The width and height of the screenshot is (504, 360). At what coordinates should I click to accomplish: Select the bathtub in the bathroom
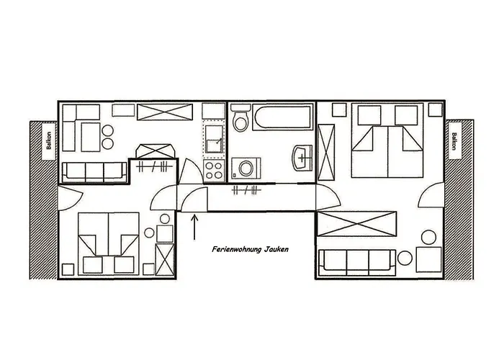(283, 117)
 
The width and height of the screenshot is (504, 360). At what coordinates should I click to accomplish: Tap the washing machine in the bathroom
(246, 168)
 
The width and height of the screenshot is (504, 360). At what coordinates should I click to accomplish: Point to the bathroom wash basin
(302, 158)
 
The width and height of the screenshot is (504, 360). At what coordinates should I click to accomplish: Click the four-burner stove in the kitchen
(214, 171)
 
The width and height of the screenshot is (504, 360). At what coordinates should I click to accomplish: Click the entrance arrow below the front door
(194, 228)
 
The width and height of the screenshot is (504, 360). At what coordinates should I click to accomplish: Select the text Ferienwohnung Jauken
(250, 249)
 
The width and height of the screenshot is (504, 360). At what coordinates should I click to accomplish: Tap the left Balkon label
(49, 141)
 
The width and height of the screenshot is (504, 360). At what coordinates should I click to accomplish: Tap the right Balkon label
(454, 141)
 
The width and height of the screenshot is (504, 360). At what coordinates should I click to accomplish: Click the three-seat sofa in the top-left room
(94, 172)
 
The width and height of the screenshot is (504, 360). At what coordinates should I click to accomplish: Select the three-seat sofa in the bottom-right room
(357, 262)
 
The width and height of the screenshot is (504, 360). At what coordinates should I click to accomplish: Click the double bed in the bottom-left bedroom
(109, 243)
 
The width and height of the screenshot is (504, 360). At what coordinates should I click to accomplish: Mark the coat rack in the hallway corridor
(246, 190)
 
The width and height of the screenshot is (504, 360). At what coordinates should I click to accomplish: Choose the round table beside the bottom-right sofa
(405, 258)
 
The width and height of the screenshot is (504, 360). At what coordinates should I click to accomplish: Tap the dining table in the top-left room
(91, 137)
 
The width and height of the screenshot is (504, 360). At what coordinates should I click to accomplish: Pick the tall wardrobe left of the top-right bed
(326, 152)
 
